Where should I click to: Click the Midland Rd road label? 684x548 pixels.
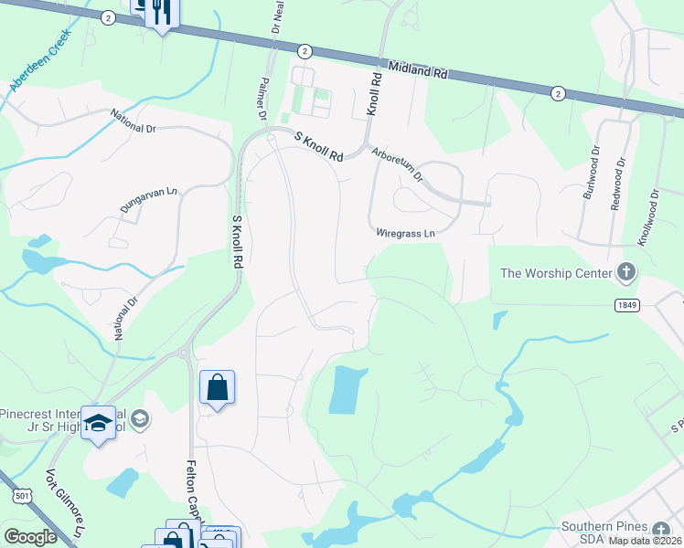(x=417, y=70)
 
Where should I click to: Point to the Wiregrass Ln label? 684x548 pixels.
(x=405, y=233)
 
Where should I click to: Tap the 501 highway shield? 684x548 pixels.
(x=20, y=496)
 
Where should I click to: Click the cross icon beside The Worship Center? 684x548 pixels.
(x=626, y=272)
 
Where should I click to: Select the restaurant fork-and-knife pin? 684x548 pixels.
(x=163, y=12)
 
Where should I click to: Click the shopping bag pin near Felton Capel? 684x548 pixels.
(x=217, y=387)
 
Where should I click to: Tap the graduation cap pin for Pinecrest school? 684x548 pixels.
(x=99, y=423)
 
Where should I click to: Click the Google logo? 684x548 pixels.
(x=29, y=537)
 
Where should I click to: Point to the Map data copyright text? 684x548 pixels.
(x=644, y=541)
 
